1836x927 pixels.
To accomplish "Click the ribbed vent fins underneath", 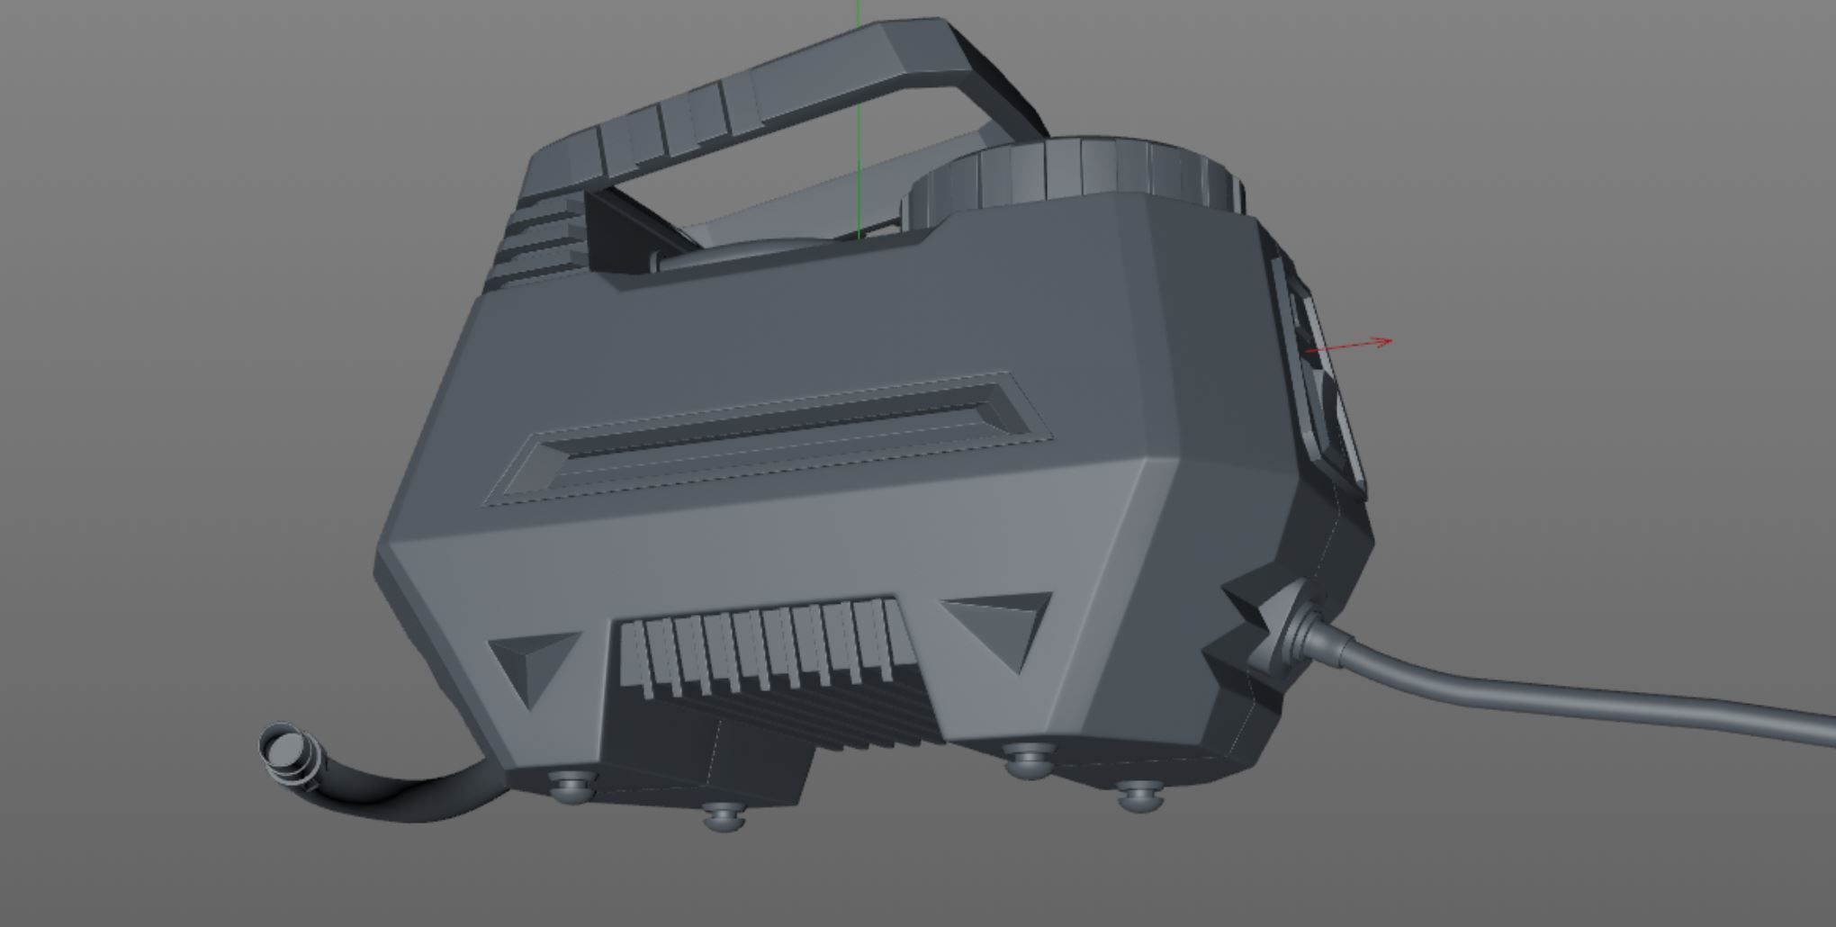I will click(765, 648).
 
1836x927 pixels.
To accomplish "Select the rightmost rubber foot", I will click(1139, 795).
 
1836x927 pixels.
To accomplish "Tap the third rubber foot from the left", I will click(1028, 760).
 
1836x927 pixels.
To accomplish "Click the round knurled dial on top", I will click(1080, 175).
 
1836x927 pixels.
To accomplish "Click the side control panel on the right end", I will click(1318, 378).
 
